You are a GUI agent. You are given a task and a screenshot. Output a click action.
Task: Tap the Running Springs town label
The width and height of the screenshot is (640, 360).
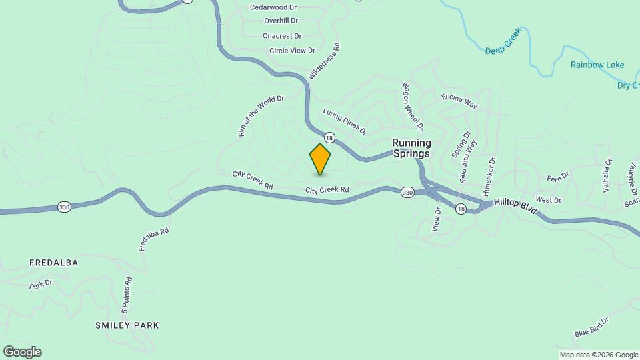pos(411,148)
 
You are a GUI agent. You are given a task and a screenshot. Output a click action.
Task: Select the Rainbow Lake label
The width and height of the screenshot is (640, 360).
pos(597,65)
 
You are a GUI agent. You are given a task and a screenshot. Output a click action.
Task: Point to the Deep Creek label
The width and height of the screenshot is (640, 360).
pos(502,50)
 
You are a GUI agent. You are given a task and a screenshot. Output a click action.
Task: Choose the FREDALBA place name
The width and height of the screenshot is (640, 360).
pos(54,263)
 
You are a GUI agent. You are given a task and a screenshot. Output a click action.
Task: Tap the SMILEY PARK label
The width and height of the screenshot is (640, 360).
pos(127,325)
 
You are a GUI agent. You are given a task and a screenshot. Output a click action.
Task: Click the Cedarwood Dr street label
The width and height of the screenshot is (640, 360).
pos(273,7)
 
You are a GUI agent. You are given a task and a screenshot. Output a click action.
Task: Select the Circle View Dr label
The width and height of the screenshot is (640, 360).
pos(292,51)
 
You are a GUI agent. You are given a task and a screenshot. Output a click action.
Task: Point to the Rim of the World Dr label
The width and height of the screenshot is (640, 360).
pos(261,116)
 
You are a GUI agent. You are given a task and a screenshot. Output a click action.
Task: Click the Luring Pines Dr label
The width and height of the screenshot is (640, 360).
pos(345,121)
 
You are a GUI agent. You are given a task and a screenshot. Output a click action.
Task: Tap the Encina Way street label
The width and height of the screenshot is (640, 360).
pos(459,101)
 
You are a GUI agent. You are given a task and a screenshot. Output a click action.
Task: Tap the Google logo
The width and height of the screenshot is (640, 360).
pos(22,352)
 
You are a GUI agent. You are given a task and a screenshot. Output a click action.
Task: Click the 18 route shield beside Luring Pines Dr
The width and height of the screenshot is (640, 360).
pos(329,138)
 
